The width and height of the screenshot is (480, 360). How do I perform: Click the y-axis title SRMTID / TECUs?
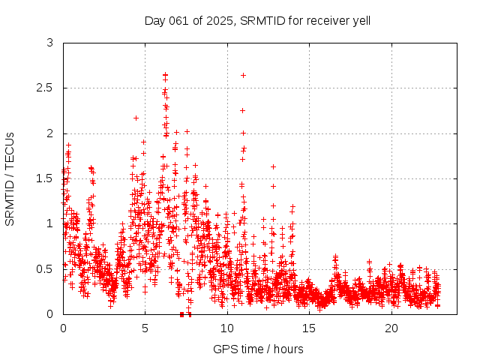click(x=10, y=178)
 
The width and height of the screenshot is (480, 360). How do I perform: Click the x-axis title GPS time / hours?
click(x=258, y=349)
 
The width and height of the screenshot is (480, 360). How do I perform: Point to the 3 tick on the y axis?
click(x=50, y=43)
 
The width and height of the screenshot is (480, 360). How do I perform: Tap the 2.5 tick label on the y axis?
click(x=46, y=88)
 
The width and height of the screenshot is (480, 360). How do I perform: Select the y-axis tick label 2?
click(x=50, y=133)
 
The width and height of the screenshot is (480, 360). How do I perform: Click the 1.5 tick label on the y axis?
click(x=46, y=178)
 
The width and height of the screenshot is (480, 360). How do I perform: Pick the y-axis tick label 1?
click(x=50, y=223)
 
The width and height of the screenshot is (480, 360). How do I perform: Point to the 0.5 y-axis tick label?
click(x=46, y=268)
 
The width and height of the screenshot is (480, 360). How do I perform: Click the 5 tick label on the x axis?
click(x=145, y=328)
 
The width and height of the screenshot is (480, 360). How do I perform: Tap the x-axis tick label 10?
click(x=227, y=328)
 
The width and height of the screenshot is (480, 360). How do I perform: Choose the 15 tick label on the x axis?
click(x=309, y=328)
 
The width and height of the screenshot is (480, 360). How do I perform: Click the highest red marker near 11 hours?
click(x=243, y=75)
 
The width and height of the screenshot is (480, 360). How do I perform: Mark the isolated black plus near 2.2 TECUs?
click(x=136, y=118)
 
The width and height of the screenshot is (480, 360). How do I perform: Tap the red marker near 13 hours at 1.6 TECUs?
click(x=273, y=166)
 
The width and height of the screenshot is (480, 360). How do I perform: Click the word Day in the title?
click(x=154, y=20)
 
